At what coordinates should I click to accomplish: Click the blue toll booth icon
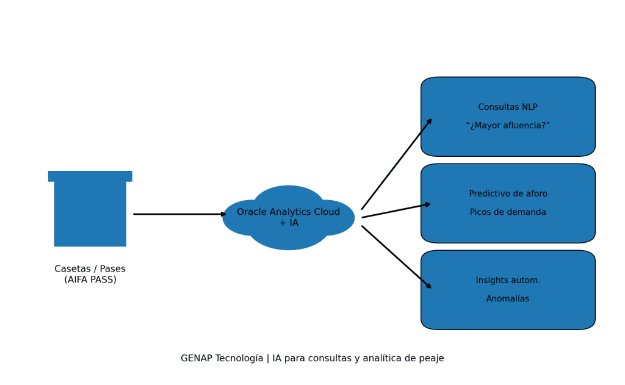(90, 210)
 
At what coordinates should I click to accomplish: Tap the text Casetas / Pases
(90, 269)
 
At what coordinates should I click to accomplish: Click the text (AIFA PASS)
(90, 279)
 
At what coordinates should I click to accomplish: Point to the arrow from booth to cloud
(179, 214)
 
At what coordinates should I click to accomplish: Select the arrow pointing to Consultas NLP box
(396, 164)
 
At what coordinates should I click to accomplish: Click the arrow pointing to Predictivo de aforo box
(396, 210)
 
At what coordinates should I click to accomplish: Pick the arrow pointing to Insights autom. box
(396, 257)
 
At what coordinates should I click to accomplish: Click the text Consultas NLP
(508, 107)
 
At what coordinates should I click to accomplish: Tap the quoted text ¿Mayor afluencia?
(508, 126)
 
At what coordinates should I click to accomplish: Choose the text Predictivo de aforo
(508, 194)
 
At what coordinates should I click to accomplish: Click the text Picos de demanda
(508, 212)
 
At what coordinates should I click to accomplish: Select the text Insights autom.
(508, 281)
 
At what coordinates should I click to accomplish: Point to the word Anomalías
(508, 299)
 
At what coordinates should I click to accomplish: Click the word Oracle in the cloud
(251, 212)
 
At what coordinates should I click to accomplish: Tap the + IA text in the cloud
(289, 223)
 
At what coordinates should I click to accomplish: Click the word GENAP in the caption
(196, 359)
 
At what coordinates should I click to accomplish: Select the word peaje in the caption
(431, 359)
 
